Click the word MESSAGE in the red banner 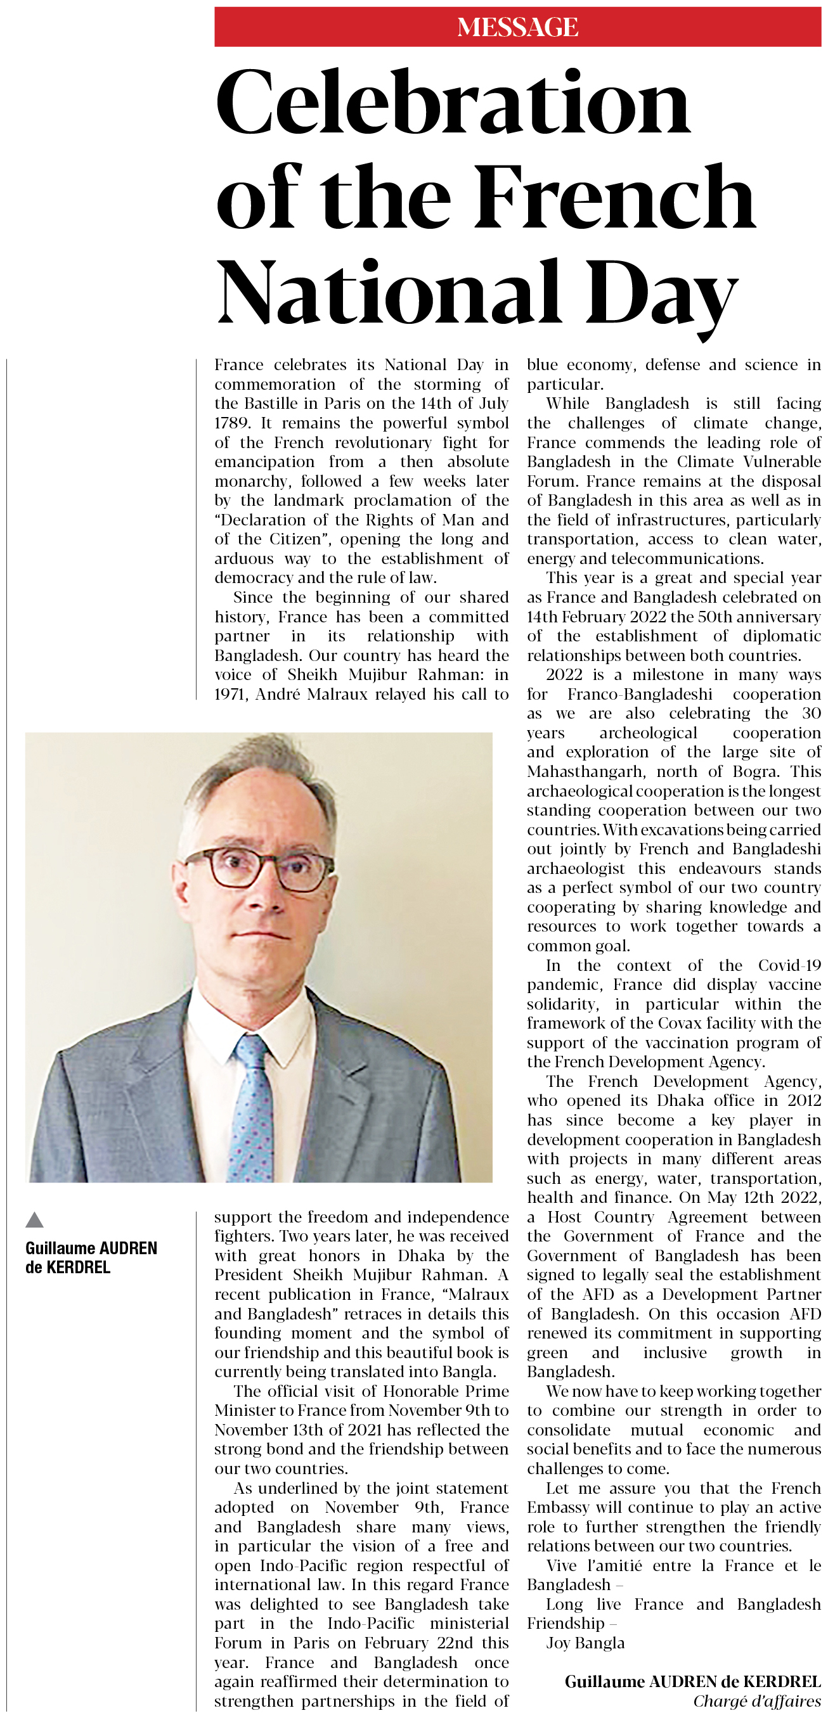point(517,27)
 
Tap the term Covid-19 point(789,965)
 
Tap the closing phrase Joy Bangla point(585,1643)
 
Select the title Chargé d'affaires point(756,1701)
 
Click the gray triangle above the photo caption point(35,1221)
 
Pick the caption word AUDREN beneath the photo point(124,1248)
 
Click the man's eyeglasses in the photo point(259,868)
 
